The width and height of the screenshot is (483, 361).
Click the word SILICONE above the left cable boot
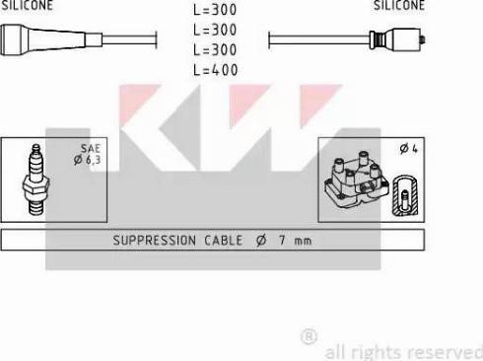coord(27,5)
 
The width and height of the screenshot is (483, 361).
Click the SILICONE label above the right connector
coord(399,5)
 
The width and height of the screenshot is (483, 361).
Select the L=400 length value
coord(216,70)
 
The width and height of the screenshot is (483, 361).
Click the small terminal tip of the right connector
coord(424,39)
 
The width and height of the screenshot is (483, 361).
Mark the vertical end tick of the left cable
coord(157,40)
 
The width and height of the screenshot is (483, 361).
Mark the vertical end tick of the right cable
coord(269,40)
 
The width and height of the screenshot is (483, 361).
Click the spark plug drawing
coord(36,180)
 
